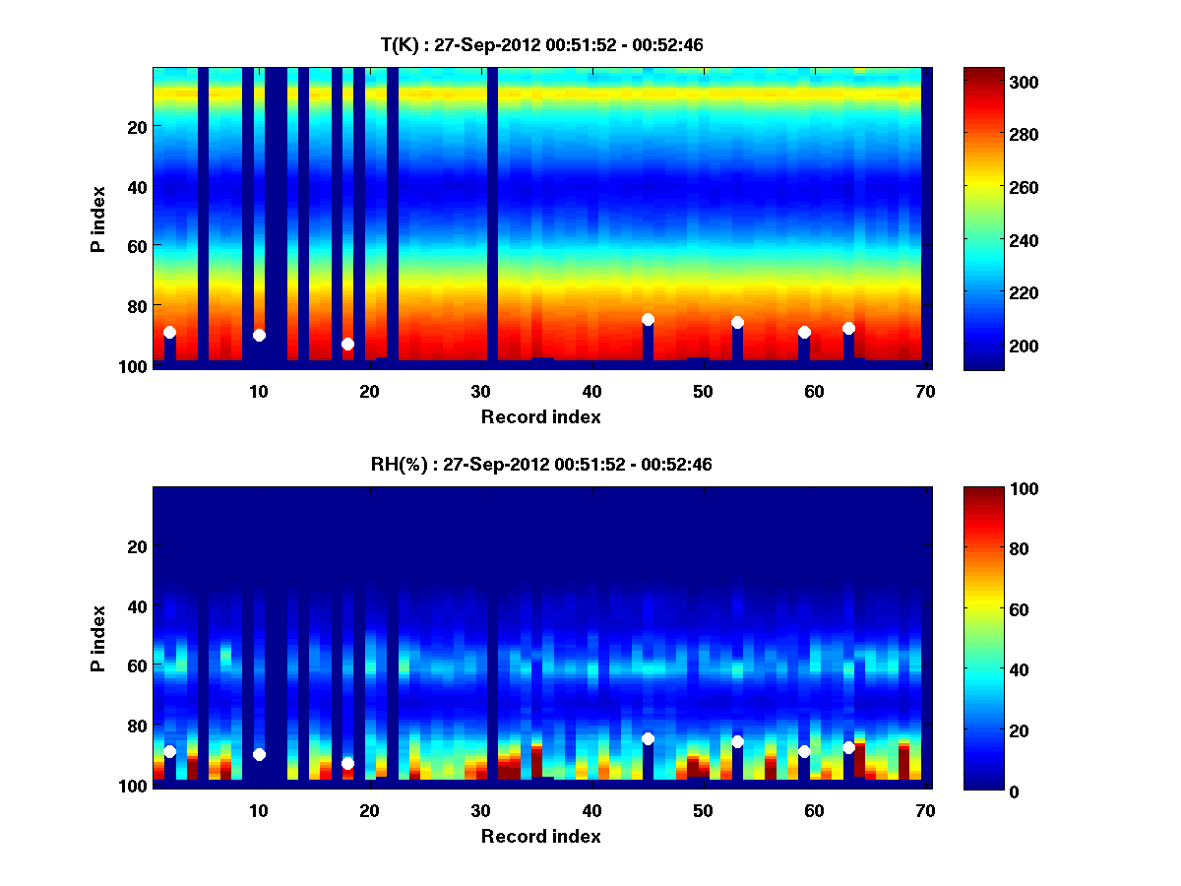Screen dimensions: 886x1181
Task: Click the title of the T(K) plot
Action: tap(541, 44)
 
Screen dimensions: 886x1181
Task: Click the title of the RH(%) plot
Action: tap(541, 464)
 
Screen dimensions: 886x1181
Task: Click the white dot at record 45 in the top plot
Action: tap(648, 319)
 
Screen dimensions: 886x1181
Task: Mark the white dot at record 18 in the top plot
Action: tap(347, 344)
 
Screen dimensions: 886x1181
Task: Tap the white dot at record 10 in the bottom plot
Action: tap(259, 754)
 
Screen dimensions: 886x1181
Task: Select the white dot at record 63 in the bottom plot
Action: tap(848, 747)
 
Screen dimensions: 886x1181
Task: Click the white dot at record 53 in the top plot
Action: tap(737, 322)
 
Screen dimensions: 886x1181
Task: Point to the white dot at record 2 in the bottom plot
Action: tap(169, 751)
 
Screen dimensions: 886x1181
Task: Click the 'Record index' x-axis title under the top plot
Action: tap(540, 416)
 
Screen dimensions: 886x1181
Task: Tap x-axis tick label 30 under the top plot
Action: tap(480, 391)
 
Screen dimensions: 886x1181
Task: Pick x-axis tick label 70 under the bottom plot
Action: tap(925, 810)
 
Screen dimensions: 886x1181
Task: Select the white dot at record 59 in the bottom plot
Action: tap(804, 751)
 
